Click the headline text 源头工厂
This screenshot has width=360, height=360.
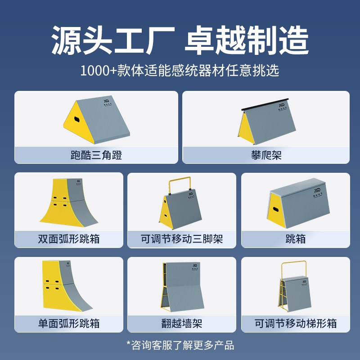click(x=112, y=40)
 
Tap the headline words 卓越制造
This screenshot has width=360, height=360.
click(x=247, y=40)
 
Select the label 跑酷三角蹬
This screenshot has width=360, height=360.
click(x=96, y=156)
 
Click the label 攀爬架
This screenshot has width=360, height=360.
click(x=266, y=156)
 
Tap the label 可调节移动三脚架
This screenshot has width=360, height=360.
click(x=182, y=239)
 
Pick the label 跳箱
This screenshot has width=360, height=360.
click(x=296, y=239)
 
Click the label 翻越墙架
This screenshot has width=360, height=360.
click(x=182, y=324)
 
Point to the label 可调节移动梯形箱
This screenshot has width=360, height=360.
click(x=296, y=324)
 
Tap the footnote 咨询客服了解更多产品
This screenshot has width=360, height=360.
click(x=182, y=346)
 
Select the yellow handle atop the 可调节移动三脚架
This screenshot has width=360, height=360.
click(x=180, y=184)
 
